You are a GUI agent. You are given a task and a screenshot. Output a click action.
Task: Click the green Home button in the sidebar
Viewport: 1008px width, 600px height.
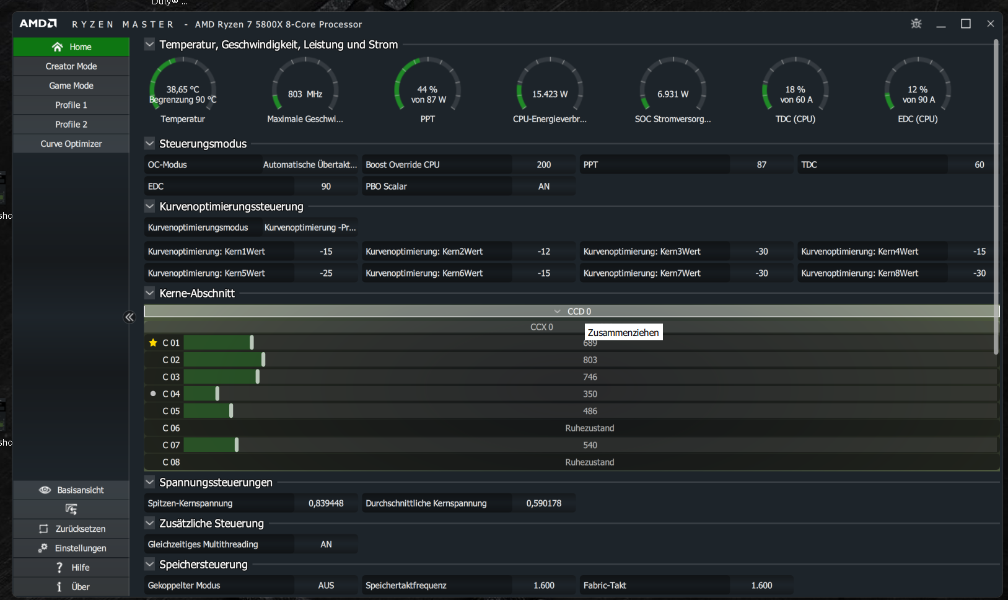point(71,47)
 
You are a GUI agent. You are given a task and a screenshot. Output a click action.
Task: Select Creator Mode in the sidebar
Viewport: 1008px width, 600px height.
point(71,66)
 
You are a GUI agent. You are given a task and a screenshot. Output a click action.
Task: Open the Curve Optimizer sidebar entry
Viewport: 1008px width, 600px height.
point(71,144)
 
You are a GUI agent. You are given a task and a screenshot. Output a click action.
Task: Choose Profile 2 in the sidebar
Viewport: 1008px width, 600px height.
point(71,124)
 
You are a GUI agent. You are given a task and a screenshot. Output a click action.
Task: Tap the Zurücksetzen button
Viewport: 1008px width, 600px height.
point(72,529)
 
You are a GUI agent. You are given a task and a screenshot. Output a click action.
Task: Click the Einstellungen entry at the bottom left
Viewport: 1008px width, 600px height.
point(72,548)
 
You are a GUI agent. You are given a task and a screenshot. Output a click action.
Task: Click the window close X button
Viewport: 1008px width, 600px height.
point(990,24)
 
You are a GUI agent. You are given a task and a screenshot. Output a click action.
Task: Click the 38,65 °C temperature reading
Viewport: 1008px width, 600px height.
point(183,89)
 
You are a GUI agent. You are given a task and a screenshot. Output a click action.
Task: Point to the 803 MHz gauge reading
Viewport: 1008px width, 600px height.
point(305,94)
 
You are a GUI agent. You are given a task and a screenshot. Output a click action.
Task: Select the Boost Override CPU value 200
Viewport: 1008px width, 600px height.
point(543,165)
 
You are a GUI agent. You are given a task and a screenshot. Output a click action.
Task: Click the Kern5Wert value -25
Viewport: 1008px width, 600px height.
point(326,273)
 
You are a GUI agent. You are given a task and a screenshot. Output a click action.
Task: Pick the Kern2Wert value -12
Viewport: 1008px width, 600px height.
point(543,252)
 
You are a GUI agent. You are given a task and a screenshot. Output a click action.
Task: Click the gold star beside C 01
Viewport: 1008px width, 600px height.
point(153,343)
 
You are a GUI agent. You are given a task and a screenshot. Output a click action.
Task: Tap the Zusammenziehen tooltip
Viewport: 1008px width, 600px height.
point(623,333)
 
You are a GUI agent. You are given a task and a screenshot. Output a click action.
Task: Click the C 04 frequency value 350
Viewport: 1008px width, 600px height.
point(590,394)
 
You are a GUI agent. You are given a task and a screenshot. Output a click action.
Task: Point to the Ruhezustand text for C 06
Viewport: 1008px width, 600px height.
point(590,428)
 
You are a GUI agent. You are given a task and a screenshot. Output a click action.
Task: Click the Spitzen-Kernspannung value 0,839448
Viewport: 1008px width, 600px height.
point(326,503)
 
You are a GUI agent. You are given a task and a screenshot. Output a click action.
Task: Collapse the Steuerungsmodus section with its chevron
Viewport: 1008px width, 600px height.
point(149,144)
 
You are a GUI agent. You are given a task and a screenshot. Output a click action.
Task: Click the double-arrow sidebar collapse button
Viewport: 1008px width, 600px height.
point(129,317)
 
